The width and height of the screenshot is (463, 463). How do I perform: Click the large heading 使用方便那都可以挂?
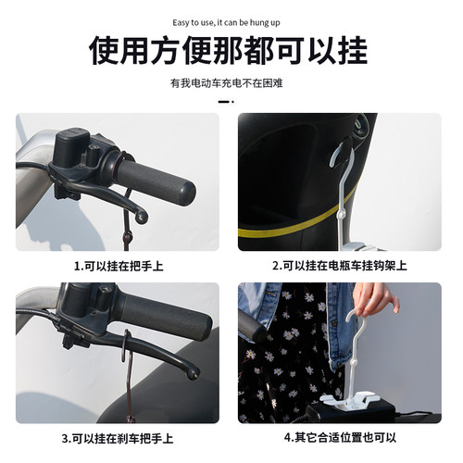point(231,50)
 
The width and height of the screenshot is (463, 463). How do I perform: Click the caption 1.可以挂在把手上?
point(117,266)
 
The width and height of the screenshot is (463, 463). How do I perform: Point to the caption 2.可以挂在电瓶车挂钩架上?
point(340,266)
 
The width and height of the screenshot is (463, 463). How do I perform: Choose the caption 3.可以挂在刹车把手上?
point(117,437)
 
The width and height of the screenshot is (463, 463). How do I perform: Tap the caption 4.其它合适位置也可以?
point(340,437)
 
